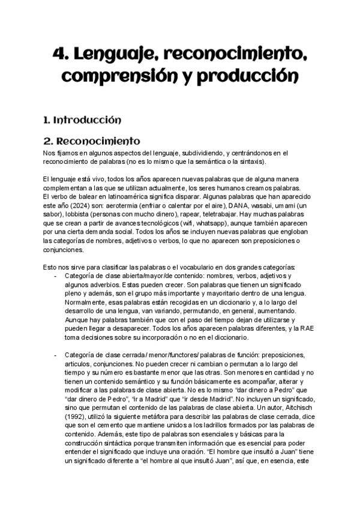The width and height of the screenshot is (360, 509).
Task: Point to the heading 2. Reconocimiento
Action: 92,142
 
